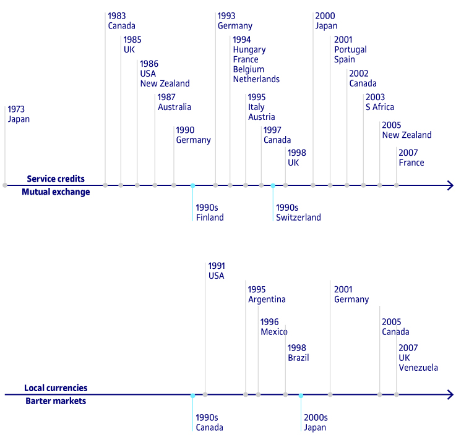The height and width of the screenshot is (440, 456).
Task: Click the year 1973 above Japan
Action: [16, 109]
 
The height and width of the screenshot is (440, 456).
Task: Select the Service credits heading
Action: [56, 179]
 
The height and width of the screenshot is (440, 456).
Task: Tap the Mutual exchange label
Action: [56, 192]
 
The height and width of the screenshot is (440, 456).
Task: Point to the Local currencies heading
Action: [56, 387]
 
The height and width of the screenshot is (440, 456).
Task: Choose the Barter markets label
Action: [56, 401]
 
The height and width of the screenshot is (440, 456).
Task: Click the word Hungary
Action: [249, 50]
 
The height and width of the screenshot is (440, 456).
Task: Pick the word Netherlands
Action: [256, 79]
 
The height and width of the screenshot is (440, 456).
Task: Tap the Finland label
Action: [210, 218]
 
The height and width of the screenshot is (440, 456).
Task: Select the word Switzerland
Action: [298, 218]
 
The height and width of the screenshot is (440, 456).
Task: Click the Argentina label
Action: [267, 300]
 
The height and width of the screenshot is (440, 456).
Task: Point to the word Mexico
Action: [274, 332]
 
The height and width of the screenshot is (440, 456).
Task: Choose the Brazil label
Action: [298, 358]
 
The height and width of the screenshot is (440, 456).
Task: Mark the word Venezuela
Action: [418, 368]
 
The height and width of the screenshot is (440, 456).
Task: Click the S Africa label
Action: [379, 107]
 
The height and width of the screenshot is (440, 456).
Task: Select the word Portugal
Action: [350, 50]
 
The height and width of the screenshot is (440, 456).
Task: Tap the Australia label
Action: [174, 107]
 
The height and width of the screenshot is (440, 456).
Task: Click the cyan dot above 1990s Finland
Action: [192, 185]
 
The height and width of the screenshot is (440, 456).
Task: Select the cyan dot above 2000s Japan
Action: [301, 396]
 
